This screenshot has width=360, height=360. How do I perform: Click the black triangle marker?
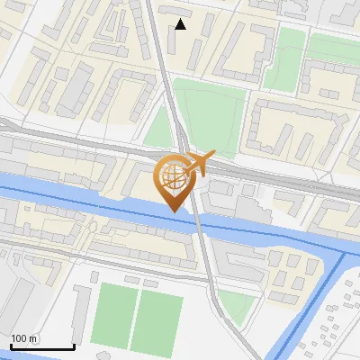[x=181, y=24]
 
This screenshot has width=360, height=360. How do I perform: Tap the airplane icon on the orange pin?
[x=201, y=162]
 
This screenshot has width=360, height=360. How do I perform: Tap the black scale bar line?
[x=42, y=347]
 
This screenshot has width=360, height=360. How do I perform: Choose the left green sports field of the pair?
[x=112, y=316]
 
